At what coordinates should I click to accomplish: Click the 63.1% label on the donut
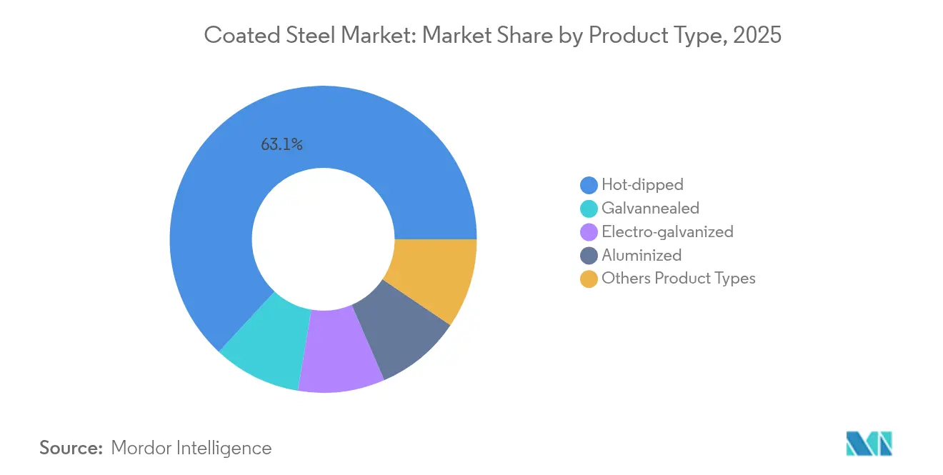[281, 145]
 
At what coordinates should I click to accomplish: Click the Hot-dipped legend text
[642, 184]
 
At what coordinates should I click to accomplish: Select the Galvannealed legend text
[650, 208]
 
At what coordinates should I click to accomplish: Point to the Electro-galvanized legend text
[667, 231]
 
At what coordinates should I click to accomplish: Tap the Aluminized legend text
[642, 255]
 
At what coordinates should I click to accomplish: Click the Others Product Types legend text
[678, 279]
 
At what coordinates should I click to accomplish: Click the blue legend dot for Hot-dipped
[589, 185]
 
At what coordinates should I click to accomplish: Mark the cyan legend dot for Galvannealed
[589, 209]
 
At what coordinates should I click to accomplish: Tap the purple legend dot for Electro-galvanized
[589, 232]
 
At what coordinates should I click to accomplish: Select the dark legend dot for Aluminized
[589, 256]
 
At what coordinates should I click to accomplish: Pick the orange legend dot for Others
[589, 279]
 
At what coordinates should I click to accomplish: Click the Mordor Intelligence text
[191, 448]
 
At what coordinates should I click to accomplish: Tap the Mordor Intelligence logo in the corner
[869, 444]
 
